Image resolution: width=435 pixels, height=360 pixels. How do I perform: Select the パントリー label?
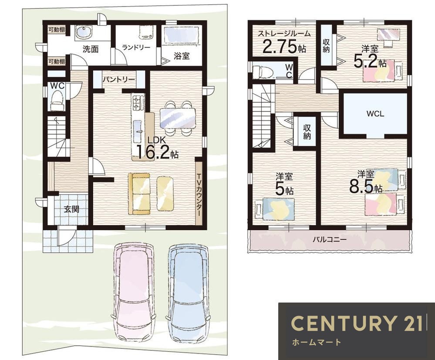pos(119,80)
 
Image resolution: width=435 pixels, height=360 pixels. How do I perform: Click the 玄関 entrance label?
pos(71,209)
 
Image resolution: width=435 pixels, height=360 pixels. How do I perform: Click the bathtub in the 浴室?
pos(182,35)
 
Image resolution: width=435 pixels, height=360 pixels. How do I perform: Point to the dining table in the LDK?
pos(178,118)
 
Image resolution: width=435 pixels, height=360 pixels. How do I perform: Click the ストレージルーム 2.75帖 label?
pos(284,42)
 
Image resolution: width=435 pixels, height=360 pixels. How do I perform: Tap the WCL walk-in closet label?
pos(375,114)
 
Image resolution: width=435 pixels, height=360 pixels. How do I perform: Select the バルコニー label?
pos(330,239)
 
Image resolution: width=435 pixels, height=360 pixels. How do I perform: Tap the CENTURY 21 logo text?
pos(356,323)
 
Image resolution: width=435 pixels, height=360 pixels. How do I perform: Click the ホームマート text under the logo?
pos(316,342)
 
